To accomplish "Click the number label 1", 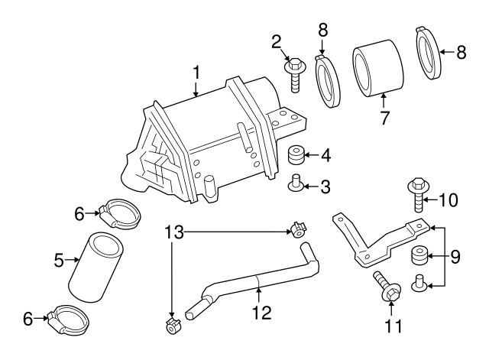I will coord(196,74).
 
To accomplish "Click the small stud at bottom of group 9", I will coord(419,283).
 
